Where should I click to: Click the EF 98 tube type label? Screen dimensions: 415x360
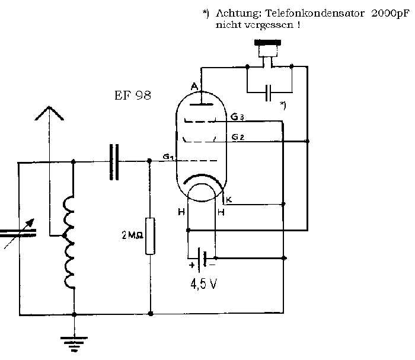tap(133, 95)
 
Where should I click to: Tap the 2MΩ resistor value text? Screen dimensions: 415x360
tap(132, 235)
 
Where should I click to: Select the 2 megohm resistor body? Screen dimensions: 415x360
tap(150, 236)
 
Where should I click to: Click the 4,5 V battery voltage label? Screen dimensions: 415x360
tap(203, 283)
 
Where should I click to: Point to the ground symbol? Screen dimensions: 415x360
tap(74, 343)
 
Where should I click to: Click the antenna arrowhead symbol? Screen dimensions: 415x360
tap(49, 113)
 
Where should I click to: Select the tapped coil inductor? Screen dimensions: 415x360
tap(69, 242)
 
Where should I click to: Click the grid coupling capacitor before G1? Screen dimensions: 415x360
tap(114, 162)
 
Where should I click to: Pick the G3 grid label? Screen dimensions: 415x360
tap(237, 116)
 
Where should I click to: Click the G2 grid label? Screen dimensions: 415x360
tap(238, 137)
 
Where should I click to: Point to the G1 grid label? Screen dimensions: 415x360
tap(168, 157)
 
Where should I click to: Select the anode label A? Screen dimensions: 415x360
tap(194, 87)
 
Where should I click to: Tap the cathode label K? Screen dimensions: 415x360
tap(229, 200)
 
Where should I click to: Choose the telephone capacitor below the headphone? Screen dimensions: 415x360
tap(269, 93)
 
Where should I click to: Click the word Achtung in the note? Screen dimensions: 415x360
tap(238, 13)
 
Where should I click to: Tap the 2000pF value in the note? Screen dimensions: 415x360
tap(390, 13)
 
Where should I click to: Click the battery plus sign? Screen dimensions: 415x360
tap(192, 265)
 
